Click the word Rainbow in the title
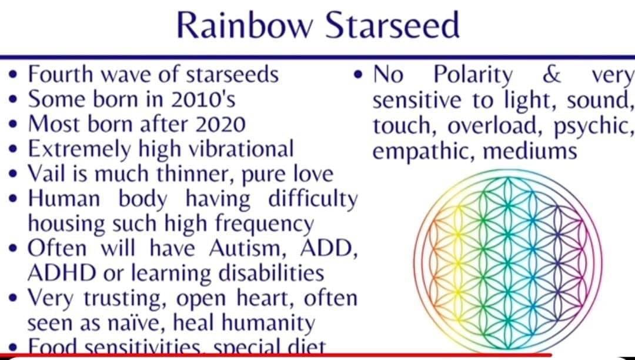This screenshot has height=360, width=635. pos(245,25)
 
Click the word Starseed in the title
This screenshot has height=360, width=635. pos(392,25)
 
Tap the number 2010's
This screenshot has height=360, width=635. pos(203,99)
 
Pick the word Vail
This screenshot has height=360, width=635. pos(46,174)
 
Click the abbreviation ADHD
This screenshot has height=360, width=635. pos(62,274)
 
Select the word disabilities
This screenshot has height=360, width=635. pos(271,274)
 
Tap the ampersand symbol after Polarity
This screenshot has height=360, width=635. pos(551,75)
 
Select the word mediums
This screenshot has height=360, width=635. pos(530,151)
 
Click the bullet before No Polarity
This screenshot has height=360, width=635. pos(358,75)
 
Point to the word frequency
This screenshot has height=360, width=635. pos(265,224)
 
